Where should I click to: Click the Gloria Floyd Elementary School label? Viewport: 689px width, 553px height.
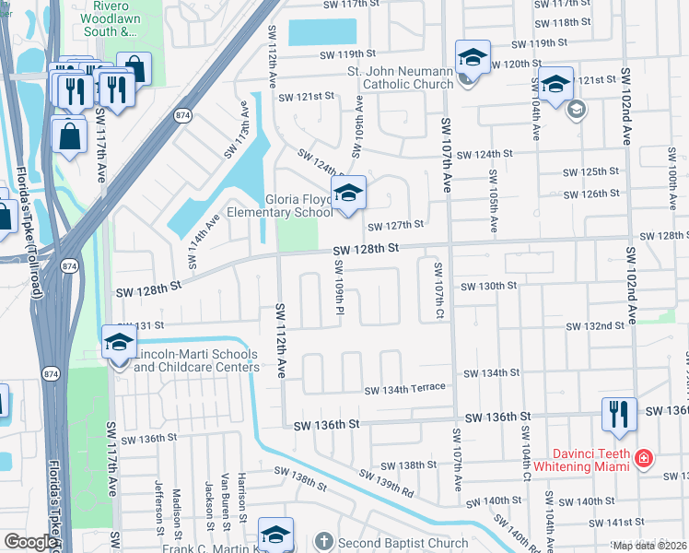298,206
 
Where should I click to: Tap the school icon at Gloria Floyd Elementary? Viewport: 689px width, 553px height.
349,194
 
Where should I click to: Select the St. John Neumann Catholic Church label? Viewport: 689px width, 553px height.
401,77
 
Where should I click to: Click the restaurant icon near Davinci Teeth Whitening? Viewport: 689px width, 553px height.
617,415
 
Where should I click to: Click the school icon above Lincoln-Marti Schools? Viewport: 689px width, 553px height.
120,342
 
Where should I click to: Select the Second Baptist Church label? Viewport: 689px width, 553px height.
403,543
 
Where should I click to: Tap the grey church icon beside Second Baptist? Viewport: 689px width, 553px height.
323,542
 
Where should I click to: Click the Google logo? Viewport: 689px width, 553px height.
30,542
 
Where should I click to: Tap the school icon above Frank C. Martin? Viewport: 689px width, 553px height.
275,535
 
